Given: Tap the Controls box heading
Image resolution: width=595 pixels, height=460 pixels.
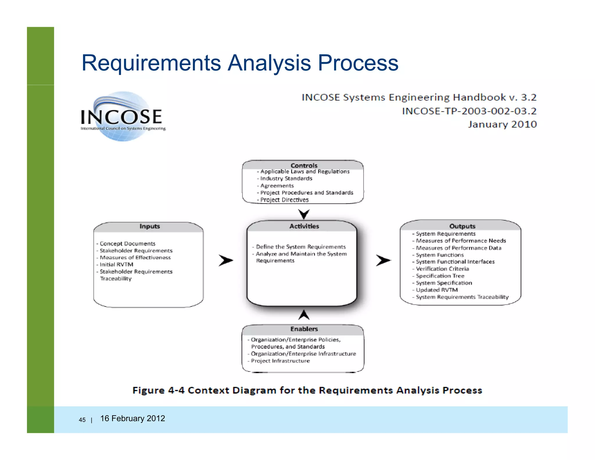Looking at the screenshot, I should (x=304, y=165).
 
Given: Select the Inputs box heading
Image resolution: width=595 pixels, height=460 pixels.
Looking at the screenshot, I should (x=150, y=226).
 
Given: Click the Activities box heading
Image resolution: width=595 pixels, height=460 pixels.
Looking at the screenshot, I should (x=304, y=226).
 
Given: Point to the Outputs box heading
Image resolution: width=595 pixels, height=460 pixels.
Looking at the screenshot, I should (x=462, y=226).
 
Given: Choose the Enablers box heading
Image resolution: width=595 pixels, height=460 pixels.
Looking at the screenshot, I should (x=304, y=329).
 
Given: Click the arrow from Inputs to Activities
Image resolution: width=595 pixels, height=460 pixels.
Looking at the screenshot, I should (x=226, y=260).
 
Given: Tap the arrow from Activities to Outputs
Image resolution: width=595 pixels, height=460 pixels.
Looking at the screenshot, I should (x=383, y=260).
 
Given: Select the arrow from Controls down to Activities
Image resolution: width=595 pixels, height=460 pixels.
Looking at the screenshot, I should (x=304, y=214).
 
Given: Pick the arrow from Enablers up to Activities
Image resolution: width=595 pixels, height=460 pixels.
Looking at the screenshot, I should (x=304, y=315).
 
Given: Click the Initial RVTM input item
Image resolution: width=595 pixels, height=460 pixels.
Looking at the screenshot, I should (x=116, y=265).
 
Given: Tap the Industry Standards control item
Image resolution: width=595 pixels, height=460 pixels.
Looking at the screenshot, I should (x=286, y=179).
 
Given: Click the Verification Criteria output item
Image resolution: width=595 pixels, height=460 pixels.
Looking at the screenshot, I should (x=442, y=269).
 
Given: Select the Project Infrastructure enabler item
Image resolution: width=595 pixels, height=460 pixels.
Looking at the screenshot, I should (x=280, y=361).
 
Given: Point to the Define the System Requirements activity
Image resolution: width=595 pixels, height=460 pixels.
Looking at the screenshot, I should (x=301, y=247).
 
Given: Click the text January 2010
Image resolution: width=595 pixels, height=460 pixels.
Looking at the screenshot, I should (x=502, y=124).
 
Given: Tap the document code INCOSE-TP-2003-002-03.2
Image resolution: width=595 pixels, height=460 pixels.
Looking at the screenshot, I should (x=469, y=111).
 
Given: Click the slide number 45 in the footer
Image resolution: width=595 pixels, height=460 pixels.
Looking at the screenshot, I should (x=82, y=420).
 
